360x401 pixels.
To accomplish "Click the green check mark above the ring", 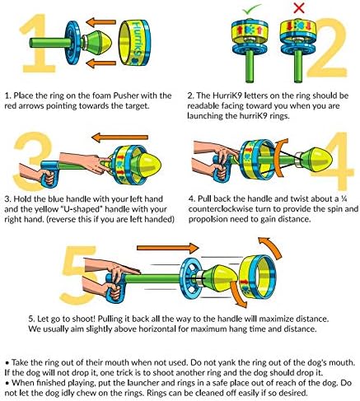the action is pos(252,9).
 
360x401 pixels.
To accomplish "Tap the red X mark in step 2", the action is pos(299,7).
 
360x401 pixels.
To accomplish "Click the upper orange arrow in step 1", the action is pos(102,22).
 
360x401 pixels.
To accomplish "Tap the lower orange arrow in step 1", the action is pos(101,63).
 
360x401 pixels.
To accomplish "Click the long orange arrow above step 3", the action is pos(119,137).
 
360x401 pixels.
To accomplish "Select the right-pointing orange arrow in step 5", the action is pos(167,248).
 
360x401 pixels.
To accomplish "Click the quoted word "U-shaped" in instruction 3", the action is pos(81,209).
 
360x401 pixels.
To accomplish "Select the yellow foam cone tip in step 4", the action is pos(319,160).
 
